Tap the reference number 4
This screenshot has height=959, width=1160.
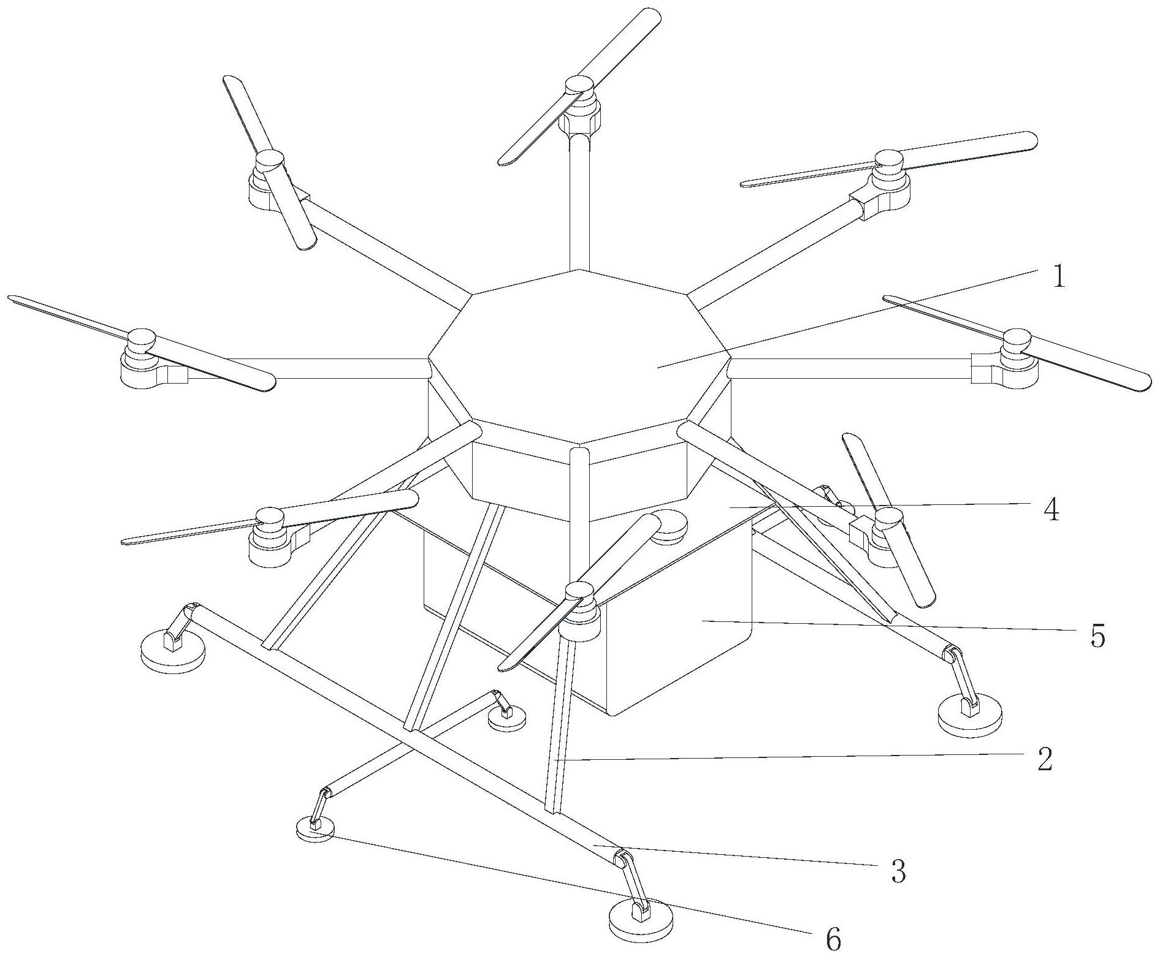point(1051,510)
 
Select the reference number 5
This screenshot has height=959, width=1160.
point(1097,637)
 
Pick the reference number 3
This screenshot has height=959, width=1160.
point(898,871)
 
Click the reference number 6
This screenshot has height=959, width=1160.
point(833,939)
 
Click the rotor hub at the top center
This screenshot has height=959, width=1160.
point(579,85)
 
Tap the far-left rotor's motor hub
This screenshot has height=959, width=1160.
point(141,339)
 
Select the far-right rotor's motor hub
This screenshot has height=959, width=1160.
point(1018,338)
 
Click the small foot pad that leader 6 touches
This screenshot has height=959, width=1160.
point(315,829)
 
